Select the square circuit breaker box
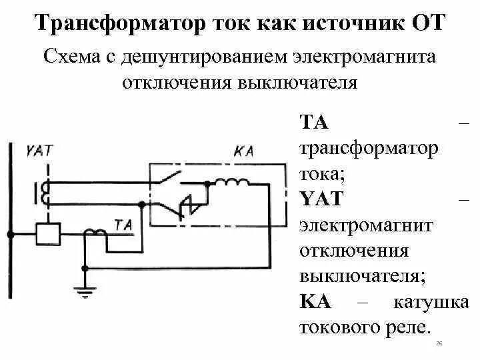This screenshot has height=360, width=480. pyautogui.click(x=47, y=233)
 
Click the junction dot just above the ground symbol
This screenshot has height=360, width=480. pyautogui.click(x=85, y=268)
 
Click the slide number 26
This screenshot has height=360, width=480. pyautogui.click(x=439, y=343)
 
